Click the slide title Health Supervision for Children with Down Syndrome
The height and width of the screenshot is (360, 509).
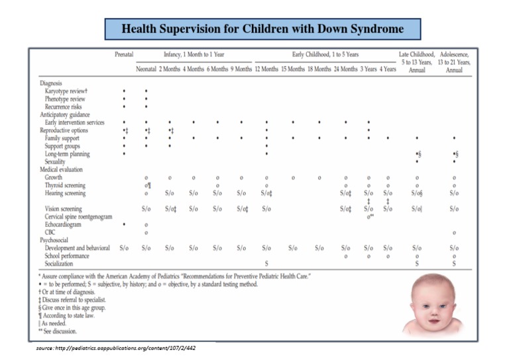[x=263, y=29]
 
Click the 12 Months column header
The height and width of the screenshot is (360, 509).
[x=266, y=70]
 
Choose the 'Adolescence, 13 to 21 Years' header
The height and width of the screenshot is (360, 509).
[x=454, y=58]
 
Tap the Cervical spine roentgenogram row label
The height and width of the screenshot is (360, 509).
[x=83, y=217]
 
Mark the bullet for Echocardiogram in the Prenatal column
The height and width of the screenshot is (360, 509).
[x=124, y=225]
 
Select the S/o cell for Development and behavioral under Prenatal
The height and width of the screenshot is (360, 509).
[x=124, y=248]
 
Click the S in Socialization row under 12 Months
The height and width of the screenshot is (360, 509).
[x=266, y=263]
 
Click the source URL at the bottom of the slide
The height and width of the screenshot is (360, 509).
[x=115, y=348]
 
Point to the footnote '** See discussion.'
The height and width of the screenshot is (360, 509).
[x=58, y=331]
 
